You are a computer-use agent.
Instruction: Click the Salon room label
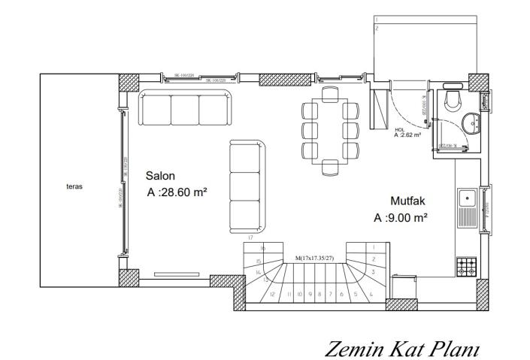160,175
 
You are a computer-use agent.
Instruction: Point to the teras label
74,186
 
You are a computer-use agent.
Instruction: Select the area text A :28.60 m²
178,192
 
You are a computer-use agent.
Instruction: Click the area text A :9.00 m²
401,218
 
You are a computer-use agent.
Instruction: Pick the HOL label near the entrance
398,129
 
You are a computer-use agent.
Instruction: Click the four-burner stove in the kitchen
465,267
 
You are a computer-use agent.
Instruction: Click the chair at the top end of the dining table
329,95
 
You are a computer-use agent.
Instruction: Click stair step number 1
373,247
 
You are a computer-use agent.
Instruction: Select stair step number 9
309,295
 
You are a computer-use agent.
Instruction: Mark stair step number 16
262,248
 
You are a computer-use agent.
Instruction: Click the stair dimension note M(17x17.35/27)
315,258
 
